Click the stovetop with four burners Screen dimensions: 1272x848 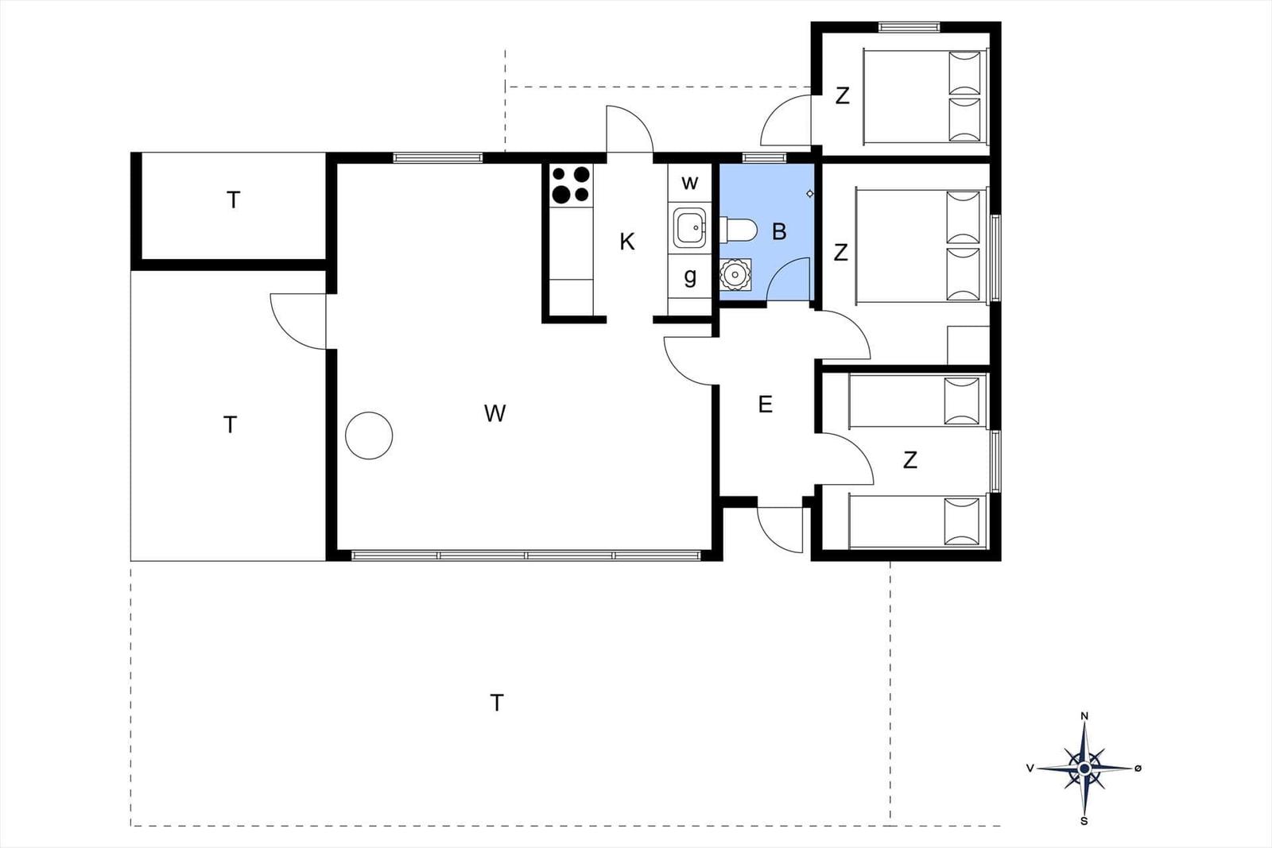pyautogui.click(x=572, y=185)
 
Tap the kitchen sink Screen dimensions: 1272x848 pyautogui.click(x=690, y=228)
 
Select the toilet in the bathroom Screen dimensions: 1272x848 pyautogui.click(x=739, y=230)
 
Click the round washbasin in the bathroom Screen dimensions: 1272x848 pyautogui.click(x=735, y=275)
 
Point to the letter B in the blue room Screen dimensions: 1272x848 pyautogui.click(x=779, y=231)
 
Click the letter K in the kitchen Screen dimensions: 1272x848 pyautogui.click(x=627, y=242)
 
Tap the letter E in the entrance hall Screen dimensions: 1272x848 pyautogui.click(x=765, y=405)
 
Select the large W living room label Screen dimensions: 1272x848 pyautogui.click(x=494, y=413)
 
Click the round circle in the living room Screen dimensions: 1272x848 pyautogui.click(x=369, y=436)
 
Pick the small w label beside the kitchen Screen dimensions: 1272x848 pyautogui.click(x=689, y=183)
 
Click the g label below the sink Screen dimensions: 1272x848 pyautogui.click(x=690, y=277)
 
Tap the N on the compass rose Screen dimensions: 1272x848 pyautogui.click(x=1084, y=716)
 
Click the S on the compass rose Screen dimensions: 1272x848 pyautogui.click(x=1084, y=821)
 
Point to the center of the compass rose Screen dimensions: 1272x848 pyautogui.click(x=1084, y=769)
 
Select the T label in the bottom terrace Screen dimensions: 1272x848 pyautogui.click(x=497, y=703)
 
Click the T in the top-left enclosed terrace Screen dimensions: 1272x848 pyautogui.click(x=233, y=199)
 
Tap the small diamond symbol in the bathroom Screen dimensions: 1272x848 pyautogui.click(x=810, y=194)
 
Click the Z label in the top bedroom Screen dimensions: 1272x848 pyautogui.click(x=842, y=95)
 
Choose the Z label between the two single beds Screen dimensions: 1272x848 pyautogui.click(x=909, y=459)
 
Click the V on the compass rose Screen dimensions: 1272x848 pyautogui.click(x=1030, y=769)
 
